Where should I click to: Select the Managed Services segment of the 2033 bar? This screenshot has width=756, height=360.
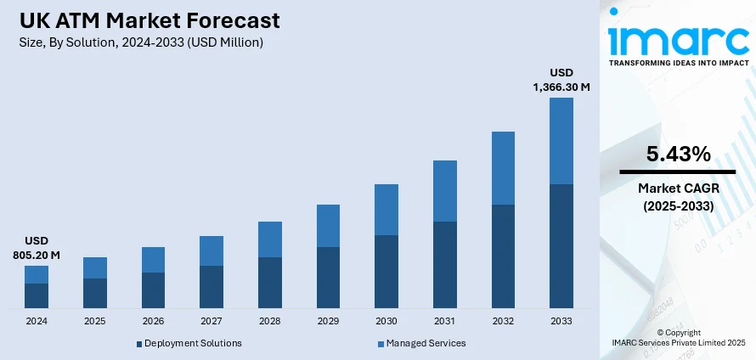(561, 141)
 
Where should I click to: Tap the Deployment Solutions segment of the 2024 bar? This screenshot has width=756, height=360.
(37, 295)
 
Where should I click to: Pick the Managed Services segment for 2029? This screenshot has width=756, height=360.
(328, 226)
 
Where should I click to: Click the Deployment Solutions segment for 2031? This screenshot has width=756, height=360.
(445, 264)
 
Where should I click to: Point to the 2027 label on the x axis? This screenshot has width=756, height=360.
(212, 322)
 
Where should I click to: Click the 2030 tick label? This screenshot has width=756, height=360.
(386, 322)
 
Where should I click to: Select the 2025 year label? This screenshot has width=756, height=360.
(95, 322)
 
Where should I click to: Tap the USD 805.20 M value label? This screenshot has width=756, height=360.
(37, 247)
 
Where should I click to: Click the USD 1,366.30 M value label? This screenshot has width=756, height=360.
(561, 80)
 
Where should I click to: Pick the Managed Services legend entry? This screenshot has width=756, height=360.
(426, 343)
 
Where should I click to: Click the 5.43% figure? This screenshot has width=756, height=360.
(678, 155)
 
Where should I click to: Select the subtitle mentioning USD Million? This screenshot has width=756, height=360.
(140, 42)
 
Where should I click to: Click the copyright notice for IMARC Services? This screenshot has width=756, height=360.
(678, 337)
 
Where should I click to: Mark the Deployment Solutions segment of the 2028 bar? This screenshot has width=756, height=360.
(270, 282)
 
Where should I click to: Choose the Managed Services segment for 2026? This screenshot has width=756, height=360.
(153, 260)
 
